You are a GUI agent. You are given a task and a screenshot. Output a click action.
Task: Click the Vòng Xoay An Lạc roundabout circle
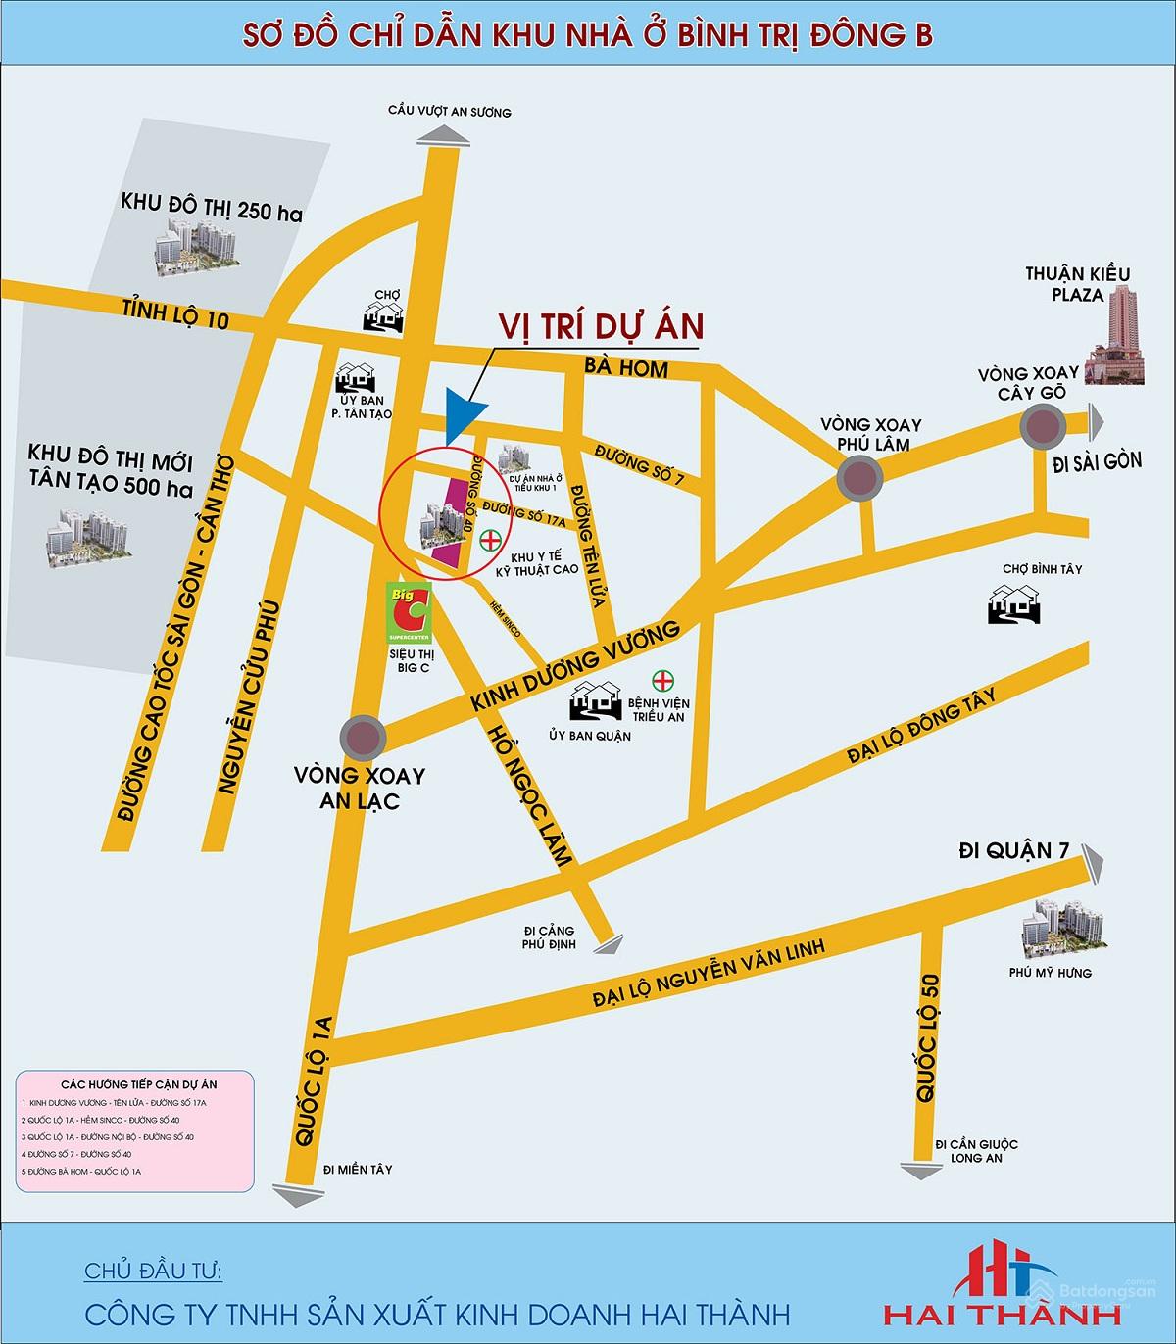point(362,737)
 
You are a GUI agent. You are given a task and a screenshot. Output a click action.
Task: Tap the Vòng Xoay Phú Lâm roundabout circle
point(860,479)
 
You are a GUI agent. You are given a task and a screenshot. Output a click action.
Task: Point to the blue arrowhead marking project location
point(464,414)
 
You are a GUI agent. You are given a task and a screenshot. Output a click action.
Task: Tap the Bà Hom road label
point(638,368)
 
